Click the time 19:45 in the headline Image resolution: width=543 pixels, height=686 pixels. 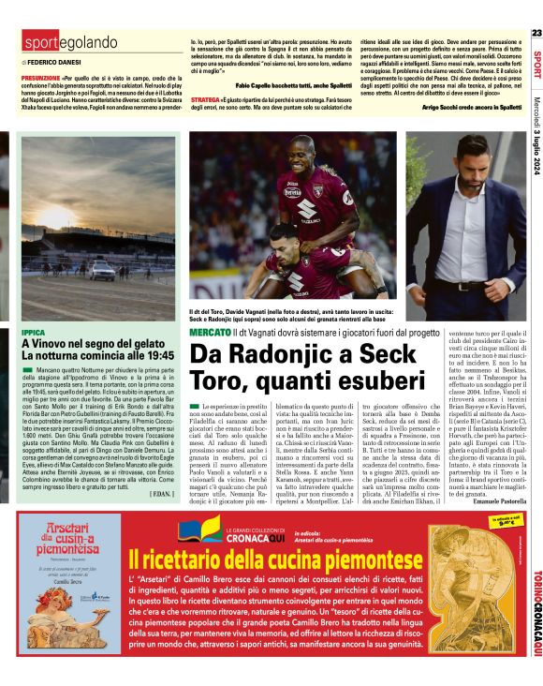(x=155, y=356)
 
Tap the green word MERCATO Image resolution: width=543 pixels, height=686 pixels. (x=210, y=334)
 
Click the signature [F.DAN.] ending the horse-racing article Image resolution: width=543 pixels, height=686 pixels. (x=160, y=492)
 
